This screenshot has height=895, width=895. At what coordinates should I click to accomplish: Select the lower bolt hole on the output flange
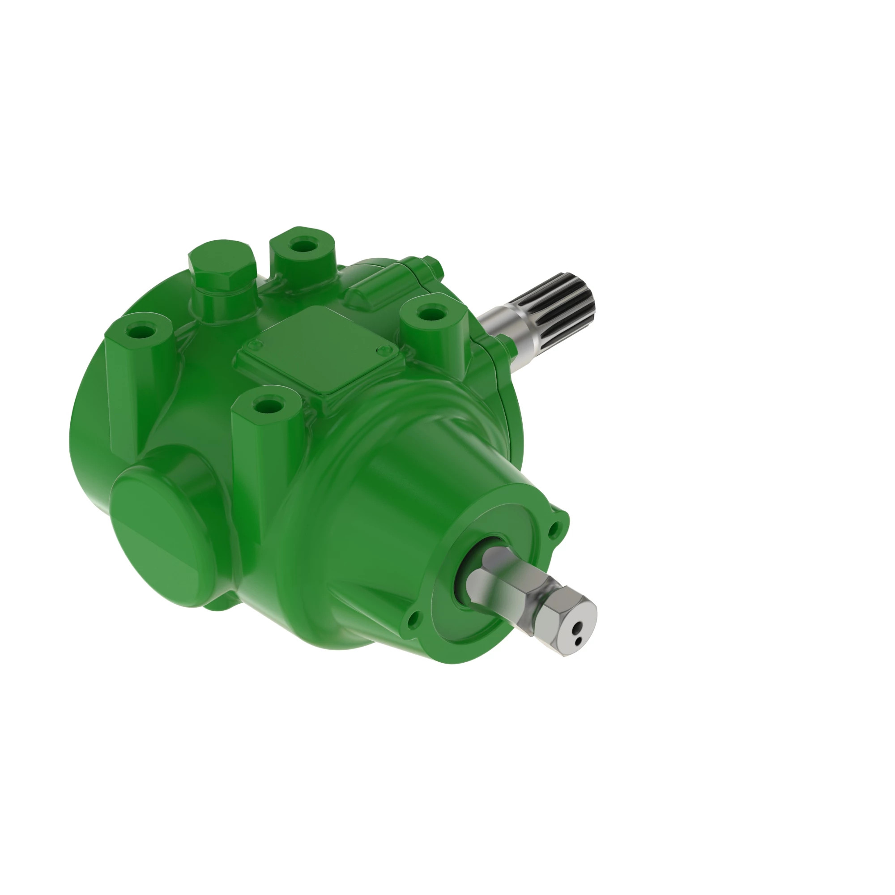coord(413,618)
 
